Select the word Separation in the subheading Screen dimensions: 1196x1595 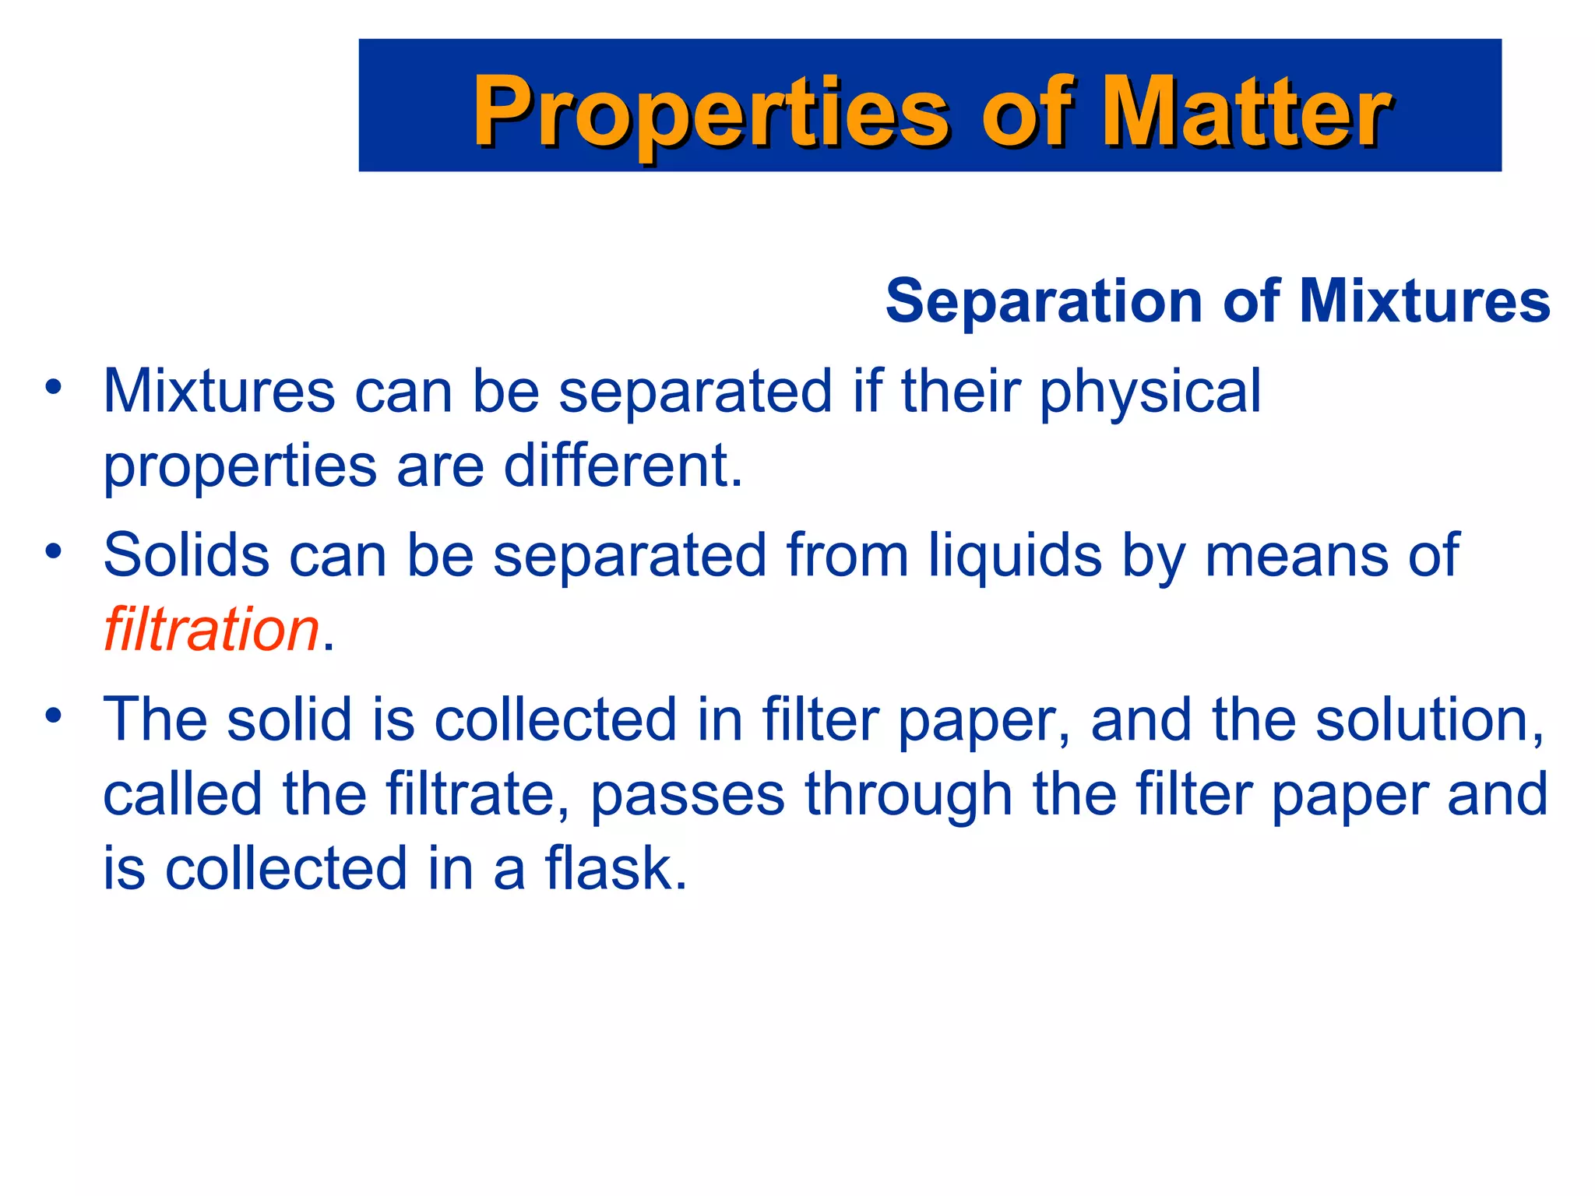[x=1044, y=301]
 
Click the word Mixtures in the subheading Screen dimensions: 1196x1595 [x=1424, y=301]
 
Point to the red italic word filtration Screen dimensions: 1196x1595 [x=211, y=629]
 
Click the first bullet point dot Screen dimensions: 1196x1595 [x=53, y=387]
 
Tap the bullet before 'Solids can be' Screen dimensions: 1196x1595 [x=53, y=551]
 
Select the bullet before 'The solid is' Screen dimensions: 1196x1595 [x=53, y=715]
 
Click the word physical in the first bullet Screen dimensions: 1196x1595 [x=1150, y=392]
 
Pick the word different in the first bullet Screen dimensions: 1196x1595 [x=623, y=466]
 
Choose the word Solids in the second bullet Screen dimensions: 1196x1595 [x=186, y=555]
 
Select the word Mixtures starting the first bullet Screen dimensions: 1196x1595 [x=219, y=392]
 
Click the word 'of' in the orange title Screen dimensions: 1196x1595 [x=1030, y=113]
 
